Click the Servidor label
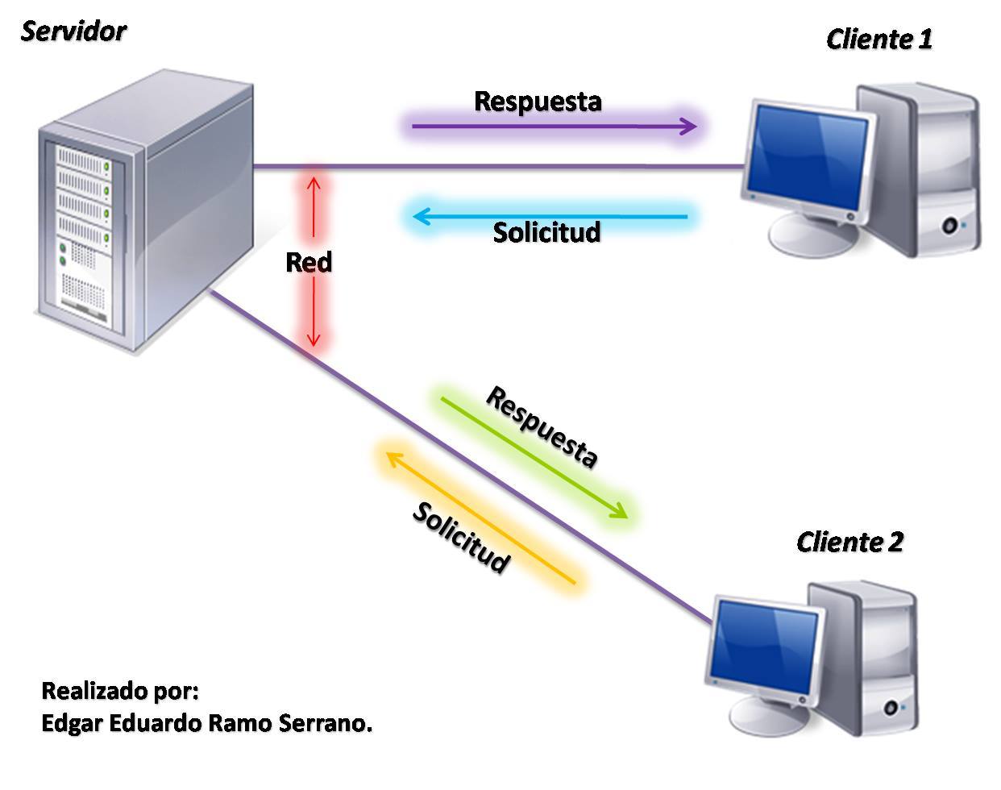73,31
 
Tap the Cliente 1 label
878,39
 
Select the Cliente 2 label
849,542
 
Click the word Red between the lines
309,262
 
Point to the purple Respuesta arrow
554,127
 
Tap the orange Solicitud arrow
480,516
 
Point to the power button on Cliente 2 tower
891,708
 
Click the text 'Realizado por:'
119,691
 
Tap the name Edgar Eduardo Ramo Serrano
206,723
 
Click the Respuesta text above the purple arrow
538,101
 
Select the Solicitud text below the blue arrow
546,232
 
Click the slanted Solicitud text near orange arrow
460,537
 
